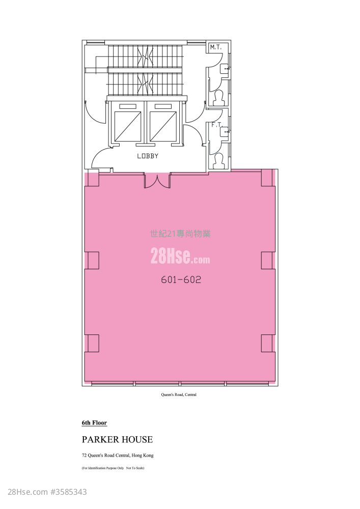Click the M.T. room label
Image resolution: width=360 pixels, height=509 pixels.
click(215, 47)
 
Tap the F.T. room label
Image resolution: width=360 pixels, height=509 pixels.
click(216, 125)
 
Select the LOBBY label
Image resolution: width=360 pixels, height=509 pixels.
click(148, 156)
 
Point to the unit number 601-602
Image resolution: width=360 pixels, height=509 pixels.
click(181, 279)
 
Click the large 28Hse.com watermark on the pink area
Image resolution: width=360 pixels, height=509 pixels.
click(180, 256)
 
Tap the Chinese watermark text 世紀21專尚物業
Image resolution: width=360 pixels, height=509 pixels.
click(180, 234)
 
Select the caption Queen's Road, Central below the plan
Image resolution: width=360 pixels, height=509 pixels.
click(179, 395)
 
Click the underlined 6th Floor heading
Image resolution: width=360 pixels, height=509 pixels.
click(94, 422)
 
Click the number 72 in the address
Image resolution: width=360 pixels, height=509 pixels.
click(84, 456)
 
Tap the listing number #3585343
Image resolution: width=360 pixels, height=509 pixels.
click(69, 492)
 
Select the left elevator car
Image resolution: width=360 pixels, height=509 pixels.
click(128, 126)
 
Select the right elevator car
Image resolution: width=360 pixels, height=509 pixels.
click(163, 126)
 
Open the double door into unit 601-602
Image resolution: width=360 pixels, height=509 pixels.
click(157, 181)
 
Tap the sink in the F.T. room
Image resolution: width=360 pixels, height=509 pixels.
click(225, 132)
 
